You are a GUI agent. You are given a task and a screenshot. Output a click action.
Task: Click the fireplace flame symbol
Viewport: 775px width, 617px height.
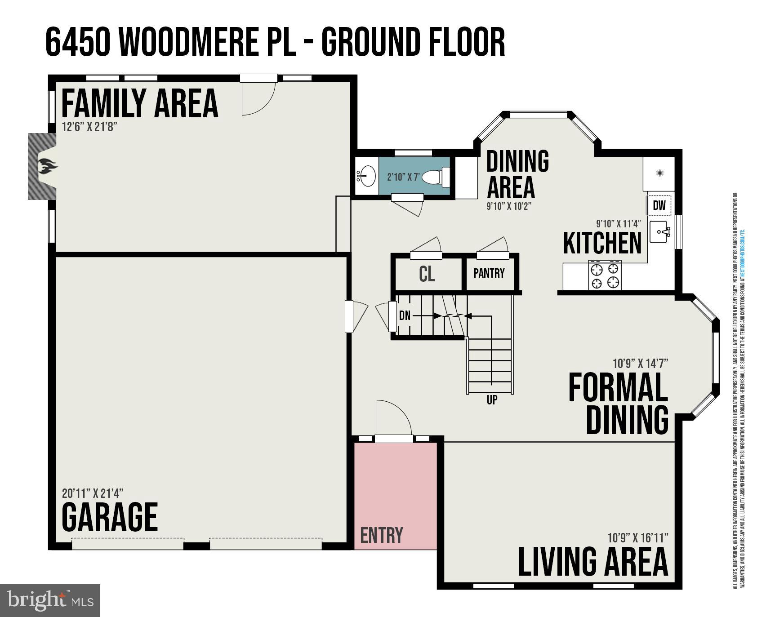[x=47, y=167]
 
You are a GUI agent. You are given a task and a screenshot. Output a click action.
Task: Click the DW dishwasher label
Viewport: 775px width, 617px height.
[x=659, y=205]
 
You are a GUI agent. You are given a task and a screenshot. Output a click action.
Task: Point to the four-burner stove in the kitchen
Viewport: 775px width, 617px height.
[x=605, y=275]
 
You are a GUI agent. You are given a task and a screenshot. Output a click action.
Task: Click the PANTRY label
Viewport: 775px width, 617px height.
[x=489, y=273]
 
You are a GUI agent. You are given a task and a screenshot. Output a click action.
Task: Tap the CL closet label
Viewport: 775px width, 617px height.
[x=427, y=274]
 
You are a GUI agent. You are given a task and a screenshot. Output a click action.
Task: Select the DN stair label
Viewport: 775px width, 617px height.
[x=405, y=315]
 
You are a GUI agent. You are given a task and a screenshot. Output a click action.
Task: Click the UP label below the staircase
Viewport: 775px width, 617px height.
[x=492, y=399]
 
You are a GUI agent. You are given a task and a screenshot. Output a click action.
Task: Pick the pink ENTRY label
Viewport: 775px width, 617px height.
[x=382, y=535]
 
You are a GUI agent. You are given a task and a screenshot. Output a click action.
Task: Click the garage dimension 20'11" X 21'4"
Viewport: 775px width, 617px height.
[x=93, y=493]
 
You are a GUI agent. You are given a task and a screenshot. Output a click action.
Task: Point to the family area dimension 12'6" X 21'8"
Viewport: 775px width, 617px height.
[x=90, y=127]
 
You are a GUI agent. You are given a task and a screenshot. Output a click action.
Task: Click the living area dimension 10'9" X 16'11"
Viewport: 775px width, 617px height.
[x=638, y=537]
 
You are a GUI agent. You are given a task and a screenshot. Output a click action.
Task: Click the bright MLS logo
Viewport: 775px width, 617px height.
[x=50, y=600]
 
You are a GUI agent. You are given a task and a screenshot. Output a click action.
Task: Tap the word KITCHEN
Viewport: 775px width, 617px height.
[x=602, y=243]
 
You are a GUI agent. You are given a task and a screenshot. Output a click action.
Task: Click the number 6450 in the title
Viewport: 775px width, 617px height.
[x=78, y=42]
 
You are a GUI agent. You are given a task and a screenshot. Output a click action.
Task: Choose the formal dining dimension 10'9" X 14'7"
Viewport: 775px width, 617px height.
[x=640, y=363]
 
